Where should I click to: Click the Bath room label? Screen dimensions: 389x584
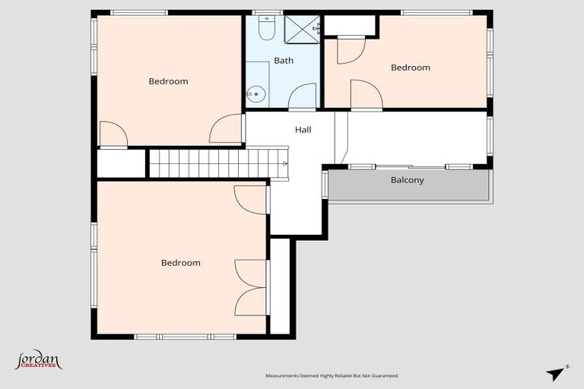[x=284, y=61]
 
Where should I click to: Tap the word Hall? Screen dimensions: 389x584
[x=303, y=130]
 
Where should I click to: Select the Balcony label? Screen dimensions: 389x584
[x=407, y=181]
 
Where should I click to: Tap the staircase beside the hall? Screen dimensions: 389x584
[x=217, y=163]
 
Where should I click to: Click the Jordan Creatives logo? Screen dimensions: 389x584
[x=38, y=360]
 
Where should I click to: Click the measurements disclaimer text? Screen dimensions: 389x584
[x=332, y=375]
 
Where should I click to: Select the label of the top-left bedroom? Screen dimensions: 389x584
[x=168, y=81]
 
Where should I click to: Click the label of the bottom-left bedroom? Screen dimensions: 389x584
[x=181, y=263]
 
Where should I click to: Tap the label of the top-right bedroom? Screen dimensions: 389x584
[x=411, y=68]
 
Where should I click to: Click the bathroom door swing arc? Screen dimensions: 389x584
[x=303, y=97]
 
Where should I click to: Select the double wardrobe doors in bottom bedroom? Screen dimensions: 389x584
[x=251, y=286]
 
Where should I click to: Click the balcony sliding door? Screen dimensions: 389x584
[x=411, y=166]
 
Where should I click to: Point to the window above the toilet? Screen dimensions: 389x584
[x=267, y=13]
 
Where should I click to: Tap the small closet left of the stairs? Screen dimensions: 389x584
[x=121, y=163]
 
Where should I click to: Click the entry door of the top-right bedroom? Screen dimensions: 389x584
[x=366, y=95]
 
